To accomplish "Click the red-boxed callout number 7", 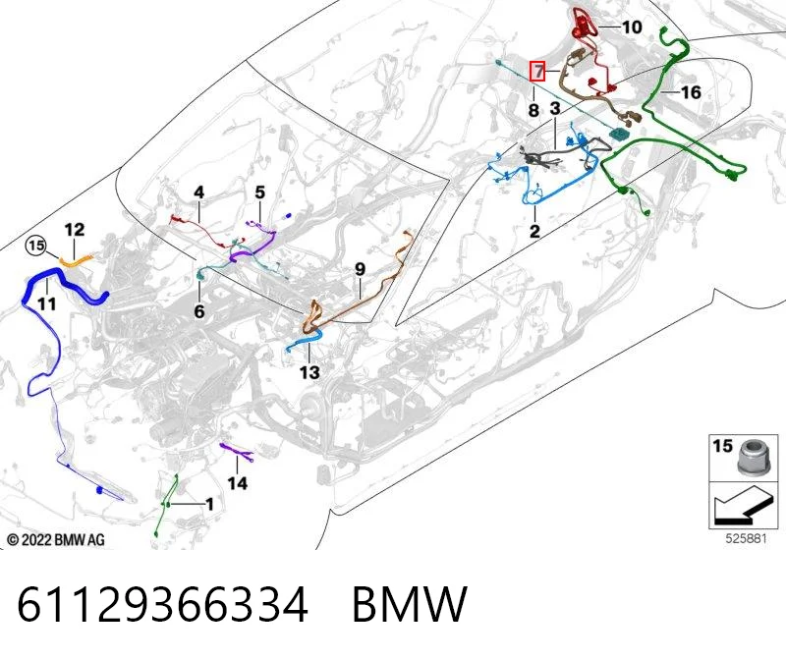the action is pyautogui.click(x=537, y=71).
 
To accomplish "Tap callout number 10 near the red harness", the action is pyautogui.click(x=632, y=27).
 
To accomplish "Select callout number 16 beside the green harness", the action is pyautogui.click(x=691, y=92).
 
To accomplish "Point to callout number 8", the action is pyautogui.click(x=533, y=110).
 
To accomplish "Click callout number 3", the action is pyautogui.click(x=554, y=108).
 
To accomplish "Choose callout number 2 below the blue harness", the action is pyautogui.click(x=534, y=231).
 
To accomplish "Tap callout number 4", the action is pyautogui.click(x=199, y=192).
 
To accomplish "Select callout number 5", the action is pyautogui.click(x=259, y=192).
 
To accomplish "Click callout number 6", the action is pyautogui.click(x=199, y=311).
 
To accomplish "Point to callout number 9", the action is pyautogui.click(x=360, y=270).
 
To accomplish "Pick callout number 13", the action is pyautogui.click(x=309, y=372).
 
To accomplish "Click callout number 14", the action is pyautogui.click(x=237, y=483).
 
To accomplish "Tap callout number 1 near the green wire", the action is pyautogui.click(x=209, y=504).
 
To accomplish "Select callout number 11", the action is pyautogui.click(x=46, y=303).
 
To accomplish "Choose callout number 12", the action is pyautogui.click(x=75, y=230).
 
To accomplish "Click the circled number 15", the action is pyautogui.click(x=36, y=247).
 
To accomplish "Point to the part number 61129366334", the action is pyautogui.click(x=162, y=604).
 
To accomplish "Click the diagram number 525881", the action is pyautogui.click(x=747, y=539).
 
